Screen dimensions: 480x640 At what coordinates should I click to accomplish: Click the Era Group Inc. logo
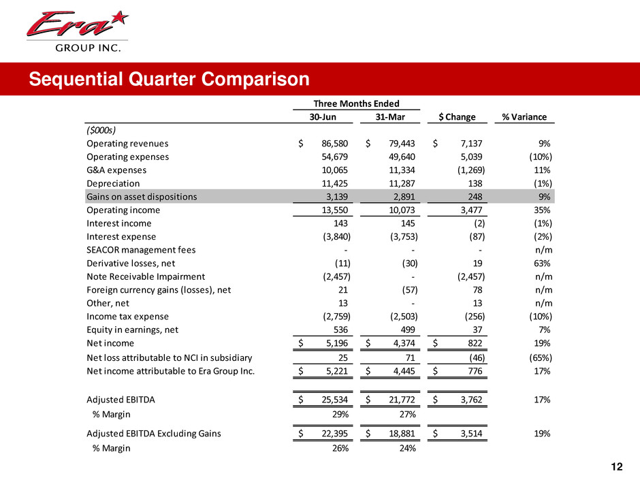coord(76,31)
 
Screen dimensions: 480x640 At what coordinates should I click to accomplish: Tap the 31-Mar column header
coord(389,116)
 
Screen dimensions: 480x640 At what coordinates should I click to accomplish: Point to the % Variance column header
coord(524,116)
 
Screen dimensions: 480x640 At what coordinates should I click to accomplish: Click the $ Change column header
coord(457,116)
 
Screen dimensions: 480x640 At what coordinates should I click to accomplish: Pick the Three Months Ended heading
coord(356,103)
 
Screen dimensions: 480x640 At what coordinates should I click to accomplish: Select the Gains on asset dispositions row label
coord(142,197)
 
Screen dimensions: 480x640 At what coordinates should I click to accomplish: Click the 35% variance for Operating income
coord(542,210)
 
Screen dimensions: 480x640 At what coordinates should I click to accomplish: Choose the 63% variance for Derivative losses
coord(542,263)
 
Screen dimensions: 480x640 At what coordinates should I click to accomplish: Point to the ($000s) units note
coord(101,130)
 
